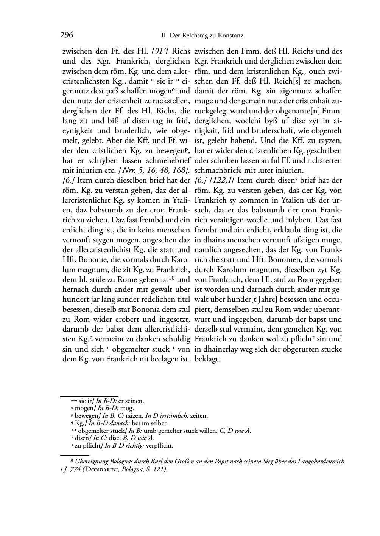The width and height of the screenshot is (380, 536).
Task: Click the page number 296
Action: click(x=67, y=36)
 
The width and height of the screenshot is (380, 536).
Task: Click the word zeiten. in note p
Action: click(x=199, y=416)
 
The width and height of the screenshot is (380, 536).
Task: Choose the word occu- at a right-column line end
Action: click(x=332, y=300)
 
